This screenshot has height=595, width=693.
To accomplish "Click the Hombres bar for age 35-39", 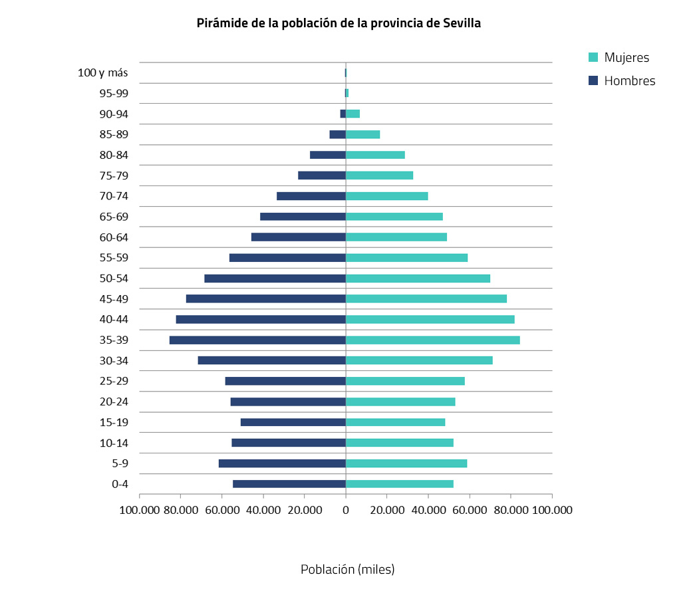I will tap(257, 340).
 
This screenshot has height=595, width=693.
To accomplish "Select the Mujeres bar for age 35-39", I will tap(432, 340).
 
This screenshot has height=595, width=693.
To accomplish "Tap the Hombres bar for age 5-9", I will tap(282, 463).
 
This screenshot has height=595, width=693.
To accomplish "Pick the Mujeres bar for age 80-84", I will tap(375, 155).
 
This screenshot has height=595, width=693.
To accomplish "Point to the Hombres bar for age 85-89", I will tap(337, 134).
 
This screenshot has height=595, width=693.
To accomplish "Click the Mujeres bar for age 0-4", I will tap(399, 484).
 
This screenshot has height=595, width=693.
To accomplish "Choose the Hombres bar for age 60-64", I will tap(298, 237).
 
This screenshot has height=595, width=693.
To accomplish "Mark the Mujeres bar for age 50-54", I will tap(418, 279).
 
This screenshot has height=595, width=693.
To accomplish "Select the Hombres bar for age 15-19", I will tap(293, 422).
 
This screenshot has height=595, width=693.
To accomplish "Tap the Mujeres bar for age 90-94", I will tap(352, 114).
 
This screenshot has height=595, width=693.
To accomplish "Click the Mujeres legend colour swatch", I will tap(594, 58).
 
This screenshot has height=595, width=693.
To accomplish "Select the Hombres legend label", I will tap(629, 81).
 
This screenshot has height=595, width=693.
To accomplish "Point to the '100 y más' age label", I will tap(103, 72).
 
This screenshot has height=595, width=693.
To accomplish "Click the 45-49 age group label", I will tap(114, 299).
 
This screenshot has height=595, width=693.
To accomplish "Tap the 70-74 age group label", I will tap(114, 196).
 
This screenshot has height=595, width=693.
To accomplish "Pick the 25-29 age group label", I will tap(114, 381).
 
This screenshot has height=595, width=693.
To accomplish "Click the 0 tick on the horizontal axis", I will tap(345, 510).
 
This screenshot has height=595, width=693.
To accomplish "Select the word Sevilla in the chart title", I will tap(462, 23).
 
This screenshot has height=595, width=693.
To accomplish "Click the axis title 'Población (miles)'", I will tap(347, 570).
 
